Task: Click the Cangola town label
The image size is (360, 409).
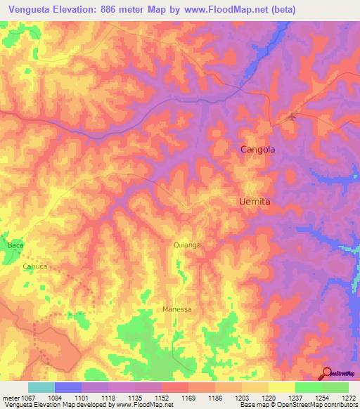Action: pos(257,150)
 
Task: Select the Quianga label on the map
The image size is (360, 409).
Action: pos(187,245)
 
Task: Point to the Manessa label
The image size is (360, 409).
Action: pos(177,309)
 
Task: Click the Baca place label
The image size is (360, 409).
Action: pos(15,245)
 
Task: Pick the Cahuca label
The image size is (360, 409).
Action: pos(35,266)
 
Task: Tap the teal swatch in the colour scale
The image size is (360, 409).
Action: pos(41,387)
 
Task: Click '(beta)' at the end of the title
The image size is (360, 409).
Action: pos(281,9)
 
